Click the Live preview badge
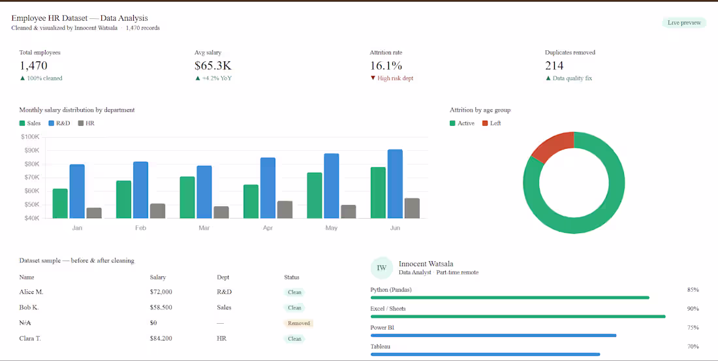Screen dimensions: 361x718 [683, 23]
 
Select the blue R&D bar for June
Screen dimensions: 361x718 [395, 183]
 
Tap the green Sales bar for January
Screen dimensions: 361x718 [60, 203]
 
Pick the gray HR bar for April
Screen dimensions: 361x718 [285, 210]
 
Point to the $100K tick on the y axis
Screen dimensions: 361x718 [30, 136]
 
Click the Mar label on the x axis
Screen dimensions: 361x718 [204, 228]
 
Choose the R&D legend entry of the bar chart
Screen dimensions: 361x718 [59, 123]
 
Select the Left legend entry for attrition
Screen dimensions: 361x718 [492, 123]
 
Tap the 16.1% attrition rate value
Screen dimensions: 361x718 [386, 65]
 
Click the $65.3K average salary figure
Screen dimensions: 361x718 [213, 65]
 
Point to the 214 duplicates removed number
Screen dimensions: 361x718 [554, 65]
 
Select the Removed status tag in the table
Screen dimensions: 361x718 [299, 323]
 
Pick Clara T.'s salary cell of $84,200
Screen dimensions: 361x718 [161, 339]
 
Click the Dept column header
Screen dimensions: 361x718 [223, 277]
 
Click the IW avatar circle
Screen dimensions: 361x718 [382, 268]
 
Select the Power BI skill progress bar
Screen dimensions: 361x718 [493, 336]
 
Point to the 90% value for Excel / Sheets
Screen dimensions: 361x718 [693, 309]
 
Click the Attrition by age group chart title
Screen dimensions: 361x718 [480, 110]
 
